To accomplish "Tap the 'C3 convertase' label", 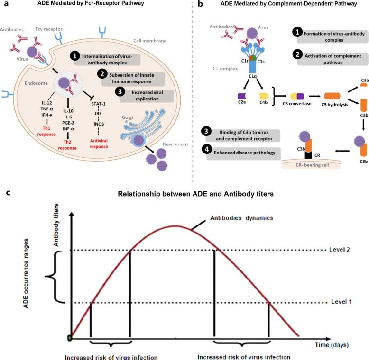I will click(x=284, y=103).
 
